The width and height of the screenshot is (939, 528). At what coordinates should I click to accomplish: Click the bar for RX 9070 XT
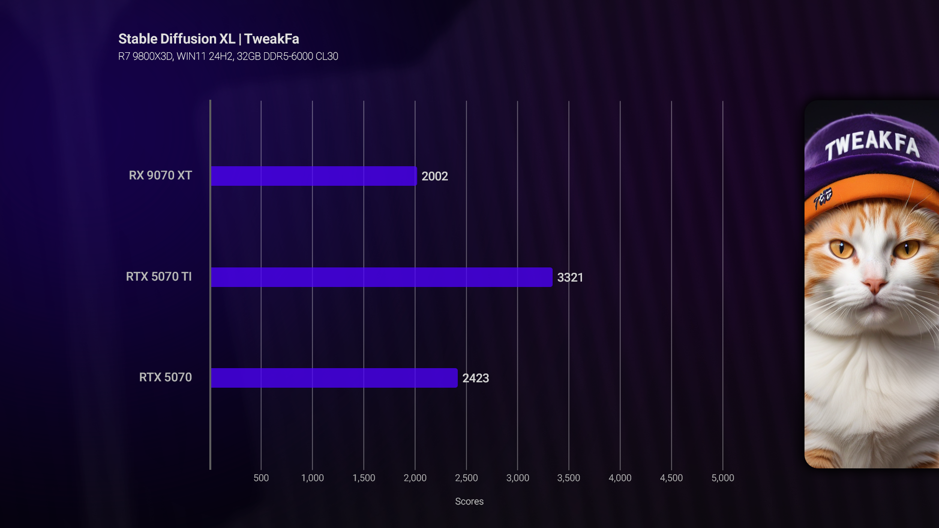[x=313, y=176]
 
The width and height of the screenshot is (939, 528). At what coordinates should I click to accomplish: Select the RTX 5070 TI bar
[x=381, y=277]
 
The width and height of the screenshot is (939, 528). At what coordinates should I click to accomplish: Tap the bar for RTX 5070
[x=334, y=378]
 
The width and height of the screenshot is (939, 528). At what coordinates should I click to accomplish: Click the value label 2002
[x=434, y=176]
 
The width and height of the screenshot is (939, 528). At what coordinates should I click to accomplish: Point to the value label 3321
[x=570, y=278]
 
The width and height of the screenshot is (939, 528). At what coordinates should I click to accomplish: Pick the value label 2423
[x=475, y=378]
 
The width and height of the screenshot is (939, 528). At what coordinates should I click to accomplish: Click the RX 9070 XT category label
[x=160, y=176]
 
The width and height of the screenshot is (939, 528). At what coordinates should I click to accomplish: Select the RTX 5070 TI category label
[x=159, y=277]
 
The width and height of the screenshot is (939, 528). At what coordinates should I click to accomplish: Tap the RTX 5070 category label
[x=165, y=377]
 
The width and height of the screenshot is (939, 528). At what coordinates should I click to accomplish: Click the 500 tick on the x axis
[x=261, y=478]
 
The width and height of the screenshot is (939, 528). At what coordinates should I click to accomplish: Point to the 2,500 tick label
[x=467, y=478]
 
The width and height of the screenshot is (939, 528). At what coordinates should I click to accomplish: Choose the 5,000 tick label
[x=722, y=478]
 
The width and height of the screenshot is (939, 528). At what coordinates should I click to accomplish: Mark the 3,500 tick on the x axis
[x=569, y=478]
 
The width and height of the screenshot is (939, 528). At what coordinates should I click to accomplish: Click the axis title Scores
[x=469, y=502]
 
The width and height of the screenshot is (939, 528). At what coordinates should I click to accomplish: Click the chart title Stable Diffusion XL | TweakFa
[x=209, y=39]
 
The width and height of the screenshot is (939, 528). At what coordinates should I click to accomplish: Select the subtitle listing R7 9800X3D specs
[x=228, y=57]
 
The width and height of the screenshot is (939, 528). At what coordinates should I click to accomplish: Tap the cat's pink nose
[x=874, y=285]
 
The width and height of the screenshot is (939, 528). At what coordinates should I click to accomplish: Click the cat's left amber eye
[x=841, y=249]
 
